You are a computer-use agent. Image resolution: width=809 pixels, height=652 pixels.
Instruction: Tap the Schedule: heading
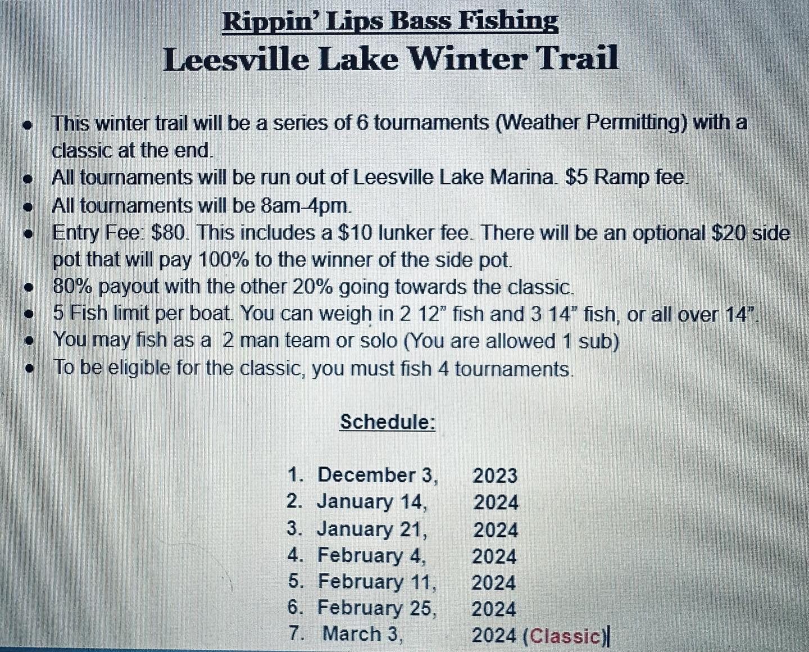(388, 422)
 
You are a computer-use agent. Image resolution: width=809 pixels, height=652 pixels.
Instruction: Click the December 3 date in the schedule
(378, 475)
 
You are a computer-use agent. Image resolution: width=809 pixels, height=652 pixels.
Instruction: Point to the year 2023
(495, 476)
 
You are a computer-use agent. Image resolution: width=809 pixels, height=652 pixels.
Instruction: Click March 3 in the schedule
(363, 636)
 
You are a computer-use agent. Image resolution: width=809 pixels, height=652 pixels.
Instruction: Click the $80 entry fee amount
(167, 233)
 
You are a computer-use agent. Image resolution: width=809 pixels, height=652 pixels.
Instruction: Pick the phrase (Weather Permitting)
(591, 123)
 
